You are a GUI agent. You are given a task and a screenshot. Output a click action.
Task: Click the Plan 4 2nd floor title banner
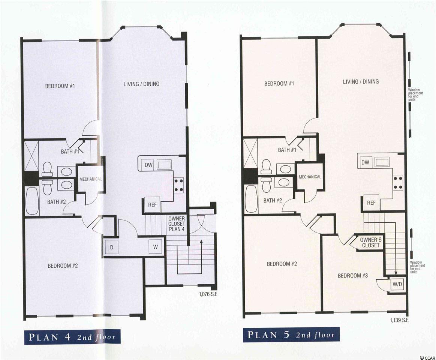tap(73, 337)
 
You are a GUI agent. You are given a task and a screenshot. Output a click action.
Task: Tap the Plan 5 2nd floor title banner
tap(291, 334)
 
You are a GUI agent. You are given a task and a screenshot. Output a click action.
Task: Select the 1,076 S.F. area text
tap(208, 294)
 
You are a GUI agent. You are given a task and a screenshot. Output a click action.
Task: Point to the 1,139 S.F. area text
tap(399, 320)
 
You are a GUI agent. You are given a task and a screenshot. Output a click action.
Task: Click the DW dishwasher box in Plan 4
tap(149, 165)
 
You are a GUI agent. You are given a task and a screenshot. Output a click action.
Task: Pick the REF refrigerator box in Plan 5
tap(371, 203)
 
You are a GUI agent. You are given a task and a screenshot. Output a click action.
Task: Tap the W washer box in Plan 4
tap(156, 246)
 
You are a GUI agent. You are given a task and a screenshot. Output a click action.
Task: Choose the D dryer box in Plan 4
tap(111, 247)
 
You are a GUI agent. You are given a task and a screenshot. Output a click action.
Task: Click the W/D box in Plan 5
tap(397, 284)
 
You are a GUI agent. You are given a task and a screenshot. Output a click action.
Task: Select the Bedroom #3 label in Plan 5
tap(353, 275)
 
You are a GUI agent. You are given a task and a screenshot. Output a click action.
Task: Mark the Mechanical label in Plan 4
tap(91, 179)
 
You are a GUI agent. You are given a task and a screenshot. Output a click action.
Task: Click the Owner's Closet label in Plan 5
tap(371, 242)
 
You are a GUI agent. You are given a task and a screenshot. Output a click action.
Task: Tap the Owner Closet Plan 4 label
tap(177, 224)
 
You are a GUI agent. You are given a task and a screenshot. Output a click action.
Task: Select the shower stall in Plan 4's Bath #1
tap(31, 156)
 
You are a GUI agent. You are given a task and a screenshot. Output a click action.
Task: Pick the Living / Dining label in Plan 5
tap(361, 81)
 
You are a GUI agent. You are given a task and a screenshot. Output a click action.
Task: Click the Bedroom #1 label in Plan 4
tap(60, 86)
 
